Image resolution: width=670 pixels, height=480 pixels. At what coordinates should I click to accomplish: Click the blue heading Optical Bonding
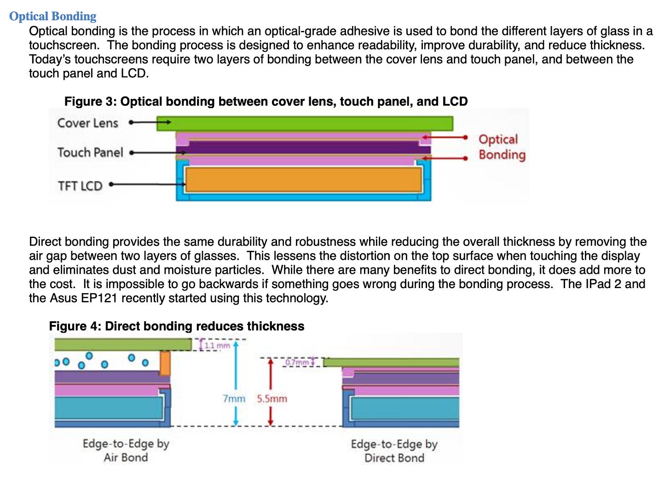(x=52, y=16)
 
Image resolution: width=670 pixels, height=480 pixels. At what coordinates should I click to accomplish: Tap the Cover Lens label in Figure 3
(x=87, y=123)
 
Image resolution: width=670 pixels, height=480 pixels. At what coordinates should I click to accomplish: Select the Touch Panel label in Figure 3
(x=90, y=152)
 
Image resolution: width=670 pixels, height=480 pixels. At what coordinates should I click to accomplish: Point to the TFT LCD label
(x=80, y=186)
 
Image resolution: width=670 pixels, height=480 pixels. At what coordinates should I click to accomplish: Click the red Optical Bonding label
(x=502, y=147)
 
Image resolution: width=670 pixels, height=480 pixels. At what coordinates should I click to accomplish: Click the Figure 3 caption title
(x=266, y=101)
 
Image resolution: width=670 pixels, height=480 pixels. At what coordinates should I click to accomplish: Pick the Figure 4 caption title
(x=177, y=326)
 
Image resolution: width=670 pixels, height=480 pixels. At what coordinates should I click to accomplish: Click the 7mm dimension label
(x=234, y=399)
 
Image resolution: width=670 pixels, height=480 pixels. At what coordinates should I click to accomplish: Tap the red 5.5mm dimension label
(x=272, y=399)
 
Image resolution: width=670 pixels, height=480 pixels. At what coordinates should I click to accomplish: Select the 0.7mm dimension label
(x=297, y=362)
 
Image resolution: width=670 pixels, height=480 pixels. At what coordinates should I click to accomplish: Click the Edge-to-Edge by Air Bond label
(x=126, y=451)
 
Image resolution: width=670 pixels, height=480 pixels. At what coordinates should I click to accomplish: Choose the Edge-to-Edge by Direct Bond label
(x=394, y=451)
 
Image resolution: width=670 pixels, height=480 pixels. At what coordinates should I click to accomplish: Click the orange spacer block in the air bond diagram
(x=165, y=363)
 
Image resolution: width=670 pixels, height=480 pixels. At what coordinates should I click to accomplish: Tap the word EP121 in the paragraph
(x=101, y=298)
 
